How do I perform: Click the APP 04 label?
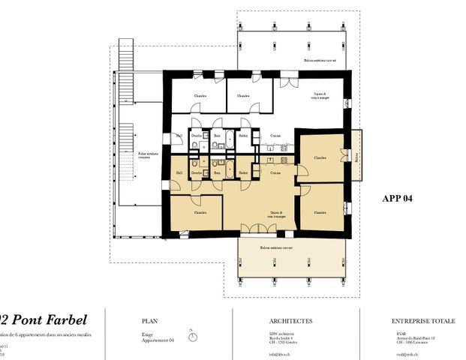(398, 199)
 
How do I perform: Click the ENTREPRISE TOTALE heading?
(423, 320)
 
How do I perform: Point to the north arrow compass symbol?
(193, 336)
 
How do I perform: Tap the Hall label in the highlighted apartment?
(179, 173)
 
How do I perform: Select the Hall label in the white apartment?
(179, 136)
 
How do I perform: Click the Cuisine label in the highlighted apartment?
(266, 173)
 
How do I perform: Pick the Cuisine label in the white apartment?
(275, 136)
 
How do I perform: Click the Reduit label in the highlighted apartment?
(243, 173)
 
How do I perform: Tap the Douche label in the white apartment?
(196, 136)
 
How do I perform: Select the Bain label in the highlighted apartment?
(218, 173)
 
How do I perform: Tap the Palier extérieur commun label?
(140, 155)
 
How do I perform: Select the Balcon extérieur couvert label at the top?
(320, 60)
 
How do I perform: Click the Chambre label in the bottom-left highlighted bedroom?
(200, 212)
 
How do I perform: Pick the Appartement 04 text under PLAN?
(158, 341)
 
